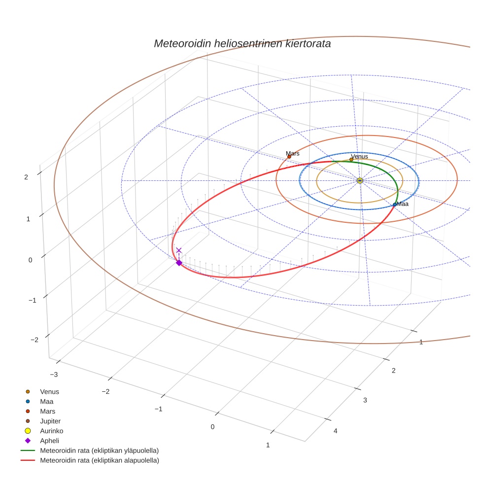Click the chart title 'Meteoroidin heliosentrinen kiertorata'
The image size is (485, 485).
click(242, 43)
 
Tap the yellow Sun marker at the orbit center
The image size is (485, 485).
click(360, 181)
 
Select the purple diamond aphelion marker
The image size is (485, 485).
click(179, 263)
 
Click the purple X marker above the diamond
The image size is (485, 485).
click(179, 250)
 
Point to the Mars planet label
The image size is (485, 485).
click(293, 154)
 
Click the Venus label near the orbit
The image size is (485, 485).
click(359, 157)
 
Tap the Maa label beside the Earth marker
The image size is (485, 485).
click(403, 204)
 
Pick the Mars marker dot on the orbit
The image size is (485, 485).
click(289, 157)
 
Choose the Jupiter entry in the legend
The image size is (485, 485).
click(50, 421)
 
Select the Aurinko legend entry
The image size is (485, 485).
click(51, 431)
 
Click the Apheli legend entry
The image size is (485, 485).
click(49, 441)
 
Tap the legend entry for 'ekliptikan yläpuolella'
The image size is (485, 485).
click(99, 450)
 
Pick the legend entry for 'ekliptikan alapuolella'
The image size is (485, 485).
click(99, 460)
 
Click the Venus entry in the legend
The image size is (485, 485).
click(49, 392)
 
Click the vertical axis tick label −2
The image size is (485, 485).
click(34, 340)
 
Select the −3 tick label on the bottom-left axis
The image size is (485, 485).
click(54, 375)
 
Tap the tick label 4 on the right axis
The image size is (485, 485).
click(336, 431)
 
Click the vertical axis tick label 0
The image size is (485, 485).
click(30, 260)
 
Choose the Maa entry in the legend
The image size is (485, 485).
click(47, 402)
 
